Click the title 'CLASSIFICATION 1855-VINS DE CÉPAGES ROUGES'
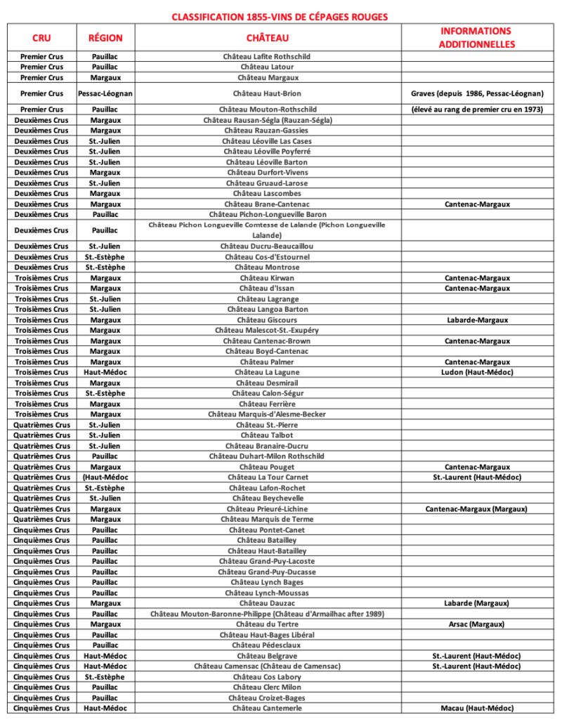(x=280, y=16)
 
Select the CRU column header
(x=41, y=38)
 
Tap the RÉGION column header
(x=105, y=38)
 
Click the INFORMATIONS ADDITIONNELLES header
(x=477, y=38)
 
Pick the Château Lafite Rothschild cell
(x=267, y=56)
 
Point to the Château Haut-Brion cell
(x=267, y=93)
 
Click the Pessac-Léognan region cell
(x=105, y=93)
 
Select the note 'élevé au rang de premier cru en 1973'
(x=477, y=110)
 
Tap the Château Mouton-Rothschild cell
(x=267, y=110)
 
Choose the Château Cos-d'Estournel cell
(x=267, y=257)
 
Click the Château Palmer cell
(x=267, y=362)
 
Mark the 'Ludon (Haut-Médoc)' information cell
(x=477, y=372)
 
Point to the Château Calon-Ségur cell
(x=267, y=393)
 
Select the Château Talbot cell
(x=267, y=435)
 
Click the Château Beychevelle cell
(x=267, y=499)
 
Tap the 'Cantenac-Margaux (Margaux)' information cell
(x=477, y=509)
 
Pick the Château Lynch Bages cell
(x=267, y=582)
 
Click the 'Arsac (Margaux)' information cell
(x=477, y=624)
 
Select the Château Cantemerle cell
(x=267, y=708)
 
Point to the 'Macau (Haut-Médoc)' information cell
(x=477, y=708)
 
